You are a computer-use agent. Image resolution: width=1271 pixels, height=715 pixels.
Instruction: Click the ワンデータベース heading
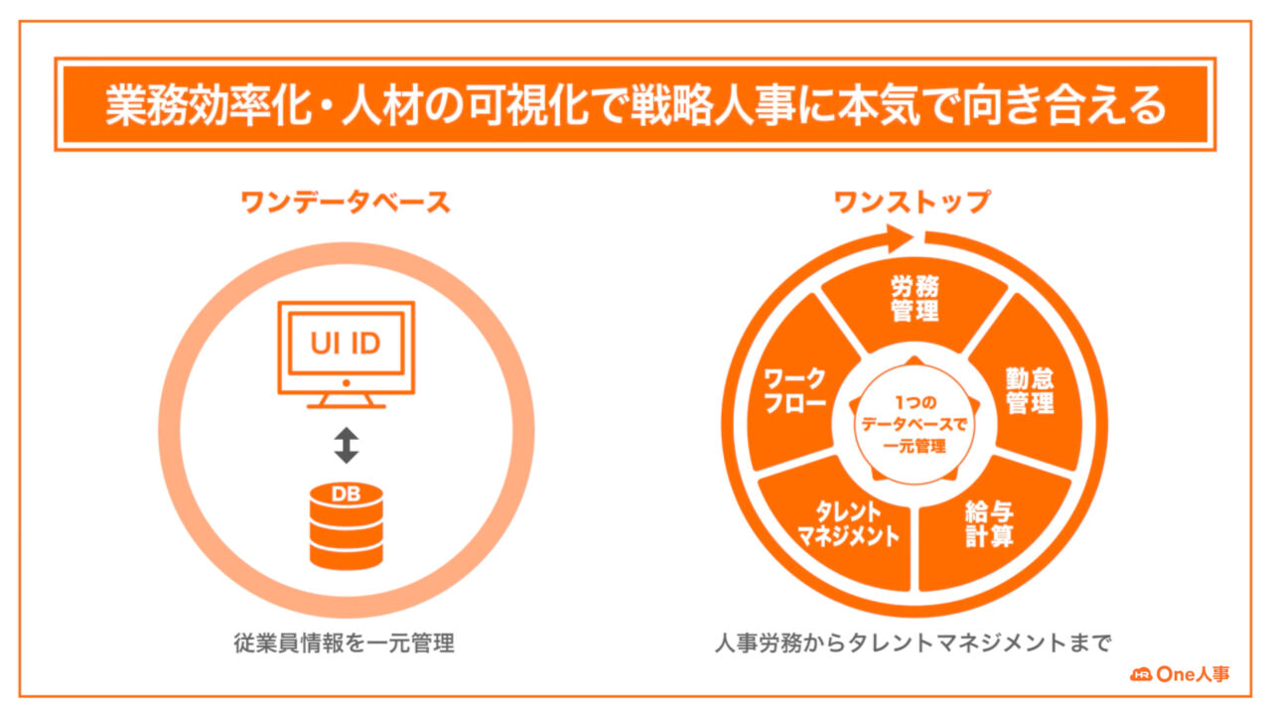coord(346,202)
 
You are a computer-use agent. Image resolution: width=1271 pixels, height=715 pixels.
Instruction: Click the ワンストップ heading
coord(913,202)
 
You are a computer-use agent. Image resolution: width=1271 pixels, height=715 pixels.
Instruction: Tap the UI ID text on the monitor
coord(346,344)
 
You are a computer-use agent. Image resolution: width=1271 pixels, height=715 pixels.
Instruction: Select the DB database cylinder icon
coord(347,525)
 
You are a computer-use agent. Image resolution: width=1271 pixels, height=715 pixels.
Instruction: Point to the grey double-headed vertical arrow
coord(347,445)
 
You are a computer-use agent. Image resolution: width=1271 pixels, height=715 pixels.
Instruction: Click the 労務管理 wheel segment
coord(915,301)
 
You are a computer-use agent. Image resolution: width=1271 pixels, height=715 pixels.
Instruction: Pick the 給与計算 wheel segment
coord(990,527)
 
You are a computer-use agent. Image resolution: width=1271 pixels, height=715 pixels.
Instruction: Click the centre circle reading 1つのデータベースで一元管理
coord(915,424)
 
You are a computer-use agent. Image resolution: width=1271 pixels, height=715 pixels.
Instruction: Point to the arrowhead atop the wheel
coord(900,238)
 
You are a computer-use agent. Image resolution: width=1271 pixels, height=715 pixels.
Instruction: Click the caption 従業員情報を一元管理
coord(345,643)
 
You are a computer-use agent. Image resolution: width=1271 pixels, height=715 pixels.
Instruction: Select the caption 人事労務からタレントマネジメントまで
coord(913,643)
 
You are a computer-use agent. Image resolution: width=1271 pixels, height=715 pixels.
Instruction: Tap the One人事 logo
coord(1180,674)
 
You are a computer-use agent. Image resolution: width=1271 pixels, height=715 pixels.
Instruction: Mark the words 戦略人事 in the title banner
coord(713,105)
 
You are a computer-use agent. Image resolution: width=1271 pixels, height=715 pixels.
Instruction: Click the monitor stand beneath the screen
coord(347,400)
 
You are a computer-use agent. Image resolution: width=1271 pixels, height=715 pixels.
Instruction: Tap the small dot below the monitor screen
coord(347,383)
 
